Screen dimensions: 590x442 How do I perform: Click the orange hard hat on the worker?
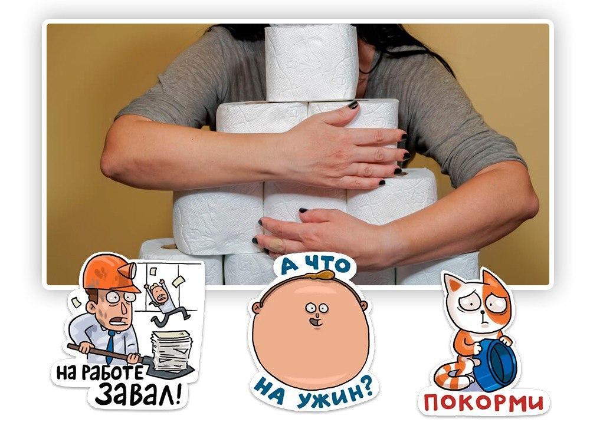click(109, 273)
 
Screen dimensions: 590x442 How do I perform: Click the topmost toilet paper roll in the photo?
click(311, 62)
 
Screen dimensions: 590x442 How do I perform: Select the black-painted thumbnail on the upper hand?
click(353, 105)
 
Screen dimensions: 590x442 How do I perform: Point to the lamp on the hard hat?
click(132, 268)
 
